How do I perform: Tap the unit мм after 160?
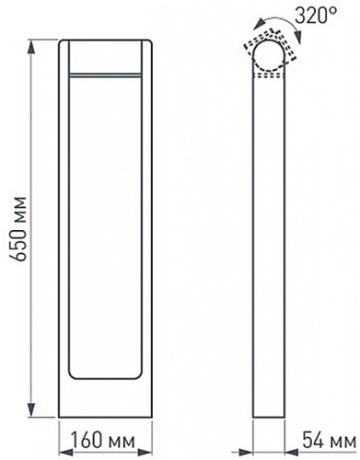click(x=120, y=443)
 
